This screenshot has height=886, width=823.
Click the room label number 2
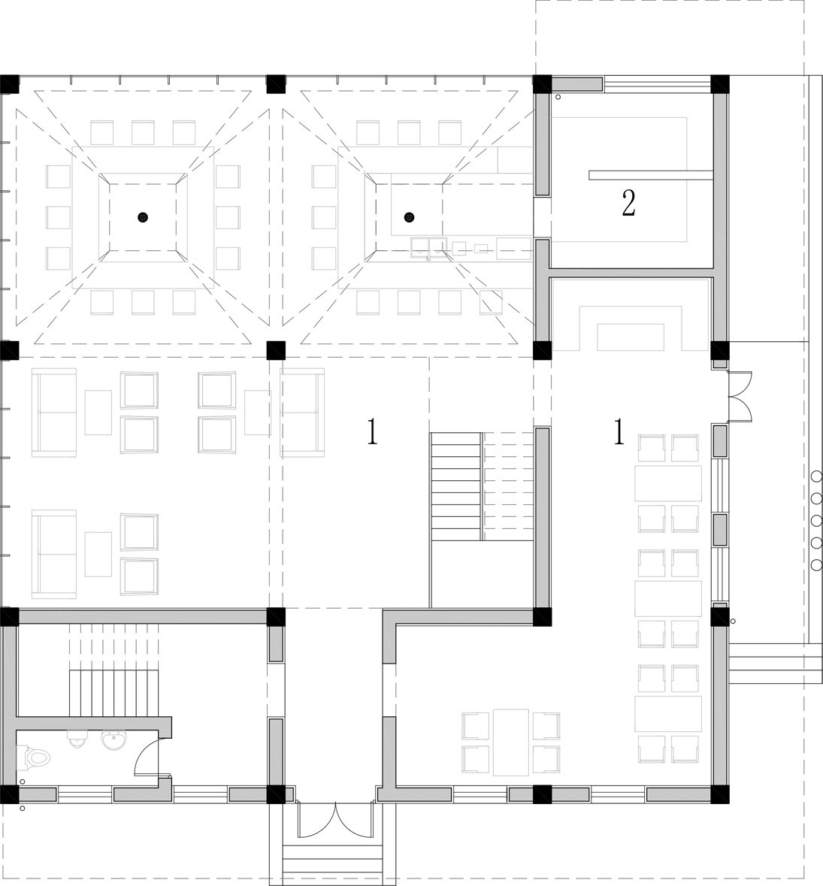coord(628,204)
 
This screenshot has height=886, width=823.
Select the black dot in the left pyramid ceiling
coord(143,216)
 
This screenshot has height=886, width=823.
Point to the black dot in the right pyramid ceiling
coord(409,216)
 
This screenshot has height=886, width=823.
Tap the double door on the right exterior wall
coord(740,397)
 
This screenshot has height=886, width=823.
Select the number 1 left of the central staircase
coord(372,431)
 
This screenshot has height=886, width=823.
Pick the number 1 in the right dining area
coord(619,431)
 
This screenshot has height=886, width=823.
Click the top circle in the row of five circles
coord(816,476)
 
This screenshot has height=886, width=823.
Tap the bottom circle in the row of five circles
coord(816,564)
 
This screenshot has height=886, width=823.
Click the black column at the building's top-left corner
coord(10,84)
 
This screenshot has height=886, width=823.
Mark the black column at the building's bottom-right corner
coord(719,794)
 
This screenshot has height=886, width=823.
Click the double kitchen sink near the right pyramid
coord(430,246)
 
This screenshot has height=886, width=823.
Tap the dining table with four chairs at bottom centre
coord(511,742)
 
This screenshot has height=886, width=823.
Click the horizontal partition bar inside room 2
coord(649,175)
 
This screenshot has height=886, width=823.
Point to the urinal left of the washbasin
coord(76,738)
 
